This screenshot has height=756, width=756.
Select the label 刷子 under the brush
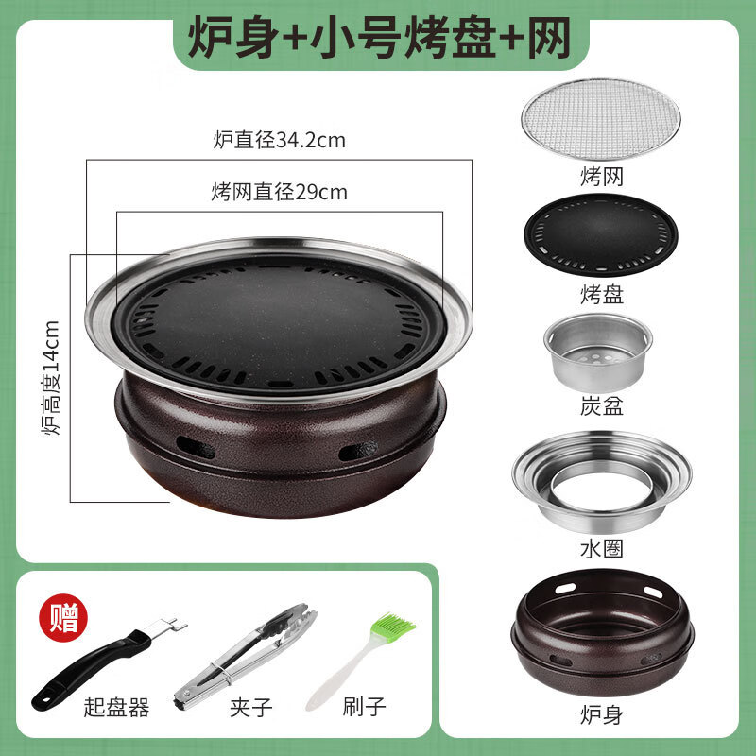coord(364,705)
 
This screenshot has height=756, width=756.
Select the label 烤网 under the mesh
coord(602,176)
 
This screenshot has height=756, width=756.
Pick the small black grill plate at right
coord(602,236)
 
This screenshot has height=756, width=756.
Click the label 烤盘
coord(602,294)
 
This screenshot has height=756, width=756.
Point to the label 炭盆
coord(602,408)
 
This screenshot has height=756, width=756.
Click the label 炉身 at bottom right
coord(601,707)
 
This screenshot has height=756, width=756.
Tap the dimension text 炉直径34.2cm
coord(279,142)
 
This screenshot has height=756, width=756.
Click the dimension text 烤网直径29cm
coord(279,193)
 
